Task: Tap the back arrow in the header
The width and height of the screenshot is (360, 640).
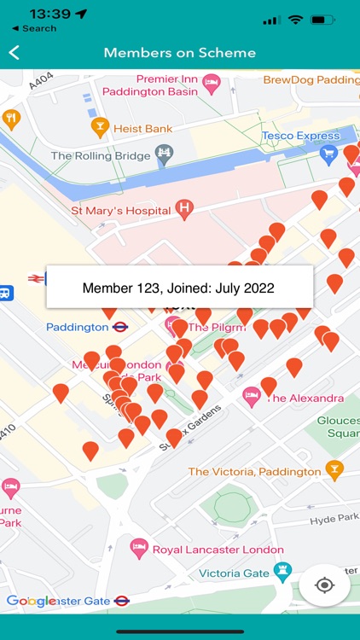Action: (15, 53)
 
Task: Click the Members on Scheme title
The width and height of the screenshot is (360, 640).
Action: (180, 53)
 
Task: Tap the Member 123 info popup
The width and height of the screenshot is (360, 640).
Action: (179, 288)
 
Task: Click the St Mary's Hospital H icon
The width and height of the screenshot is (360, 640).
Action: (183, 207)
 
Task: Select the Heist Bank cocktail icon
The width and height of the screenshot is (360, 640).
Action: (100, 128)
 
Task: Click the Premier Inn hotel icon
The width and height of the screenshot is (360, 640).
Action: (211, 84)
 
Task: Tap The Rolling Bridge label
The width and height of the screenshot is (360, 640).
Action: (100, 155)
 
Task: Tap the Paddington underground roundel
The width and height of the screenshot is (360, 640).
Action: (120, 327)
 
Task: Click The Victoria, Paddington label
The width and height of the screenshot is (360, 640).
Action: (254, 472)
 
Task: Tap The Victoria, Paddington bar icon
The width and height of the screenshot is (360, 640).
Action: (334, 470)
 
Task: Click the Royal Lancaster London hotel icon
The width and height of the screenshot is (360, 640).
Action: (138, 549)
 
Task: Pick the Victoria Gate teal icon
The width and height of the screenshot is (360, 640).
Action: (282, 573)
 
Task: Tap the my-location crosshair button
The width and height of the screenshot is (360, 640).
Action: (324, 585)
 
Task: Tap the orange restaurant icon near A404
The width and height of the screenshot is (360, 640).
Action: (11, 119)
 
